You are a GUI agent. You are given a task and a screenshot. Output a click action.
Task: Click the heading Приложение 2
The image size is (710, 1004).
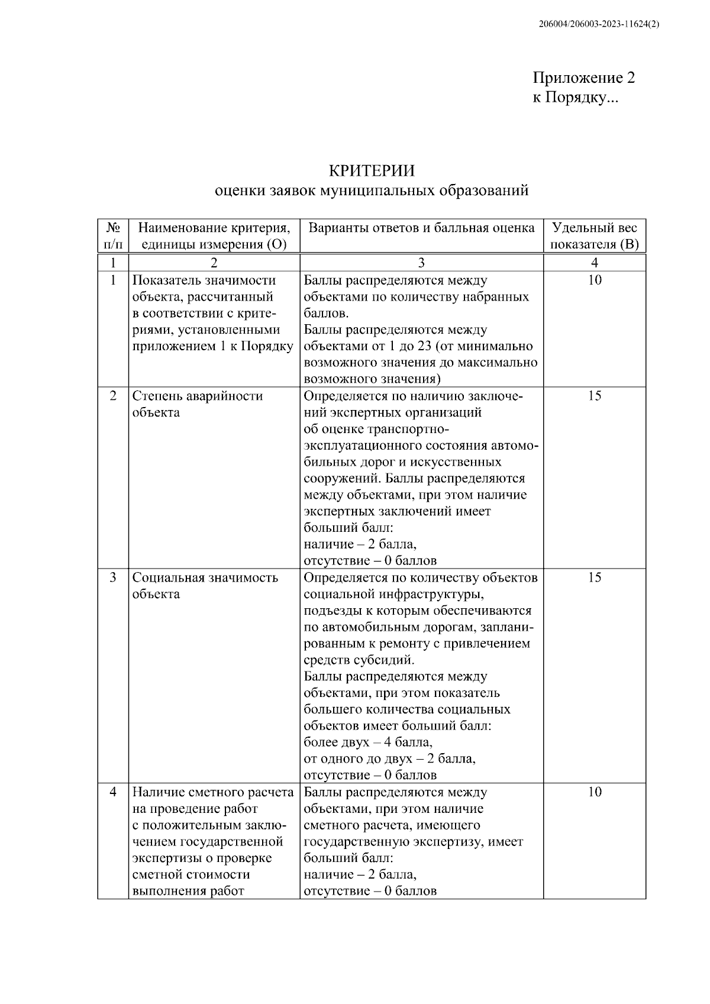pyautogui.click(x=583, y=78)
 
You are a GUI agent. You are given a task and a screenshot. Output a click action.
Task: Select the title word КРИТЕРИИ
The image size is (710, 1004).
pyautogui.click(x=372, y=171)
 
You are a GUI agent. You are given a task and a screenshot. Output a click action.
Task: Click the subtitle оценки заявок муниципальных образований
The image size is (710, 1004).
pyautogui.click(x=372, y=191)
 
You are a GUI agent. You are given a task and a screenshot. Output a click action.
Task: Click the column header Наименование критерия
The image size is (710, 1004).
pyautogui.click(x=214, y=228)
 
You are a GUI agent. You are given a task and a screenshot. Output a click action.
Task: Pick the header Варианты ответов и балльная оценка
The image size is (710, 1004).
pyautogui.click(x=421, y=228)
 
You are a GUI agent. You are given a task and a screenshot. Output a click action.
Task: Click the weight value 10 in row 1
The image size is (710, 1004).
pyautogui.click(x=594, y=280)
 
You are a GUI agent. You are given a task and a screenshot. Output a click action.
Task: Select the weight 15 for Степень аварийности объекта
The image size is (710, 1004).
pyautogui.click(x=594, y=396)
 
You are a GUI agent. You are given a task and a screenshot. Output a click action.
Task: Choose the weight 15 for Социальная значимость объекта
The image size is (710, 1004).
pyautogui.click(x=594, y=577)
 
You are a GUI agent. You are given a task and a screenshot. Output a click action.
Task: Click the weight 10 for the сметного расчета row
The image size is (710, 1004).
pyautogui.click(x=594, y=792)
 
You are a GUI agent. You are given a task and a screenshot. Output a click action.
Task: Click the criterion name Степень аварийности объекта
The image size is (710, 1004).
pyautogui.click(x=197, y=404)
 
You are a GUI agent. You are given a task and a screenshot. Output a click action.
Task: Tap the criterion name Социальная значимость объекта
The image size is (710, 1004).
pyautogui.click(x=205, y=586)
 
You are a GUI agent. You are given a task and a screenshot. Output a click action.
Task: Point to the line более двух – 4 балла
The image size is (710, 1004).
pyautogui.click(x=368, y=742)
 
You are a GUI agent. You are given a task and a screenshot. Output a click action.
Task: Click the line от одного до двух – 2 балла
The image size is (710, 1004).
pyautogui.click(x=389, y=758)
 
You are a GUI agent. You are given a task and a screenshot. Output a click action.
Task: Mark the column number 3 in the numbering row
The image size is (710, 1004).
pyautogui.click(x=421, y=263)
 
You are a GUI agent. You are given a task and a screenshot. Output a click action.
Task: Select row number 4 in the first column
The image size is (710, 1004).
pyautogui.click(x=113, y=792)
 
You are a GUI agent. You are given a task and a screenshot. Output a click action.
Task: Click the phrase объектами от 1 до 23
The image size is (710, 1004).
pyautogui.click(x=367, y=346)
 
